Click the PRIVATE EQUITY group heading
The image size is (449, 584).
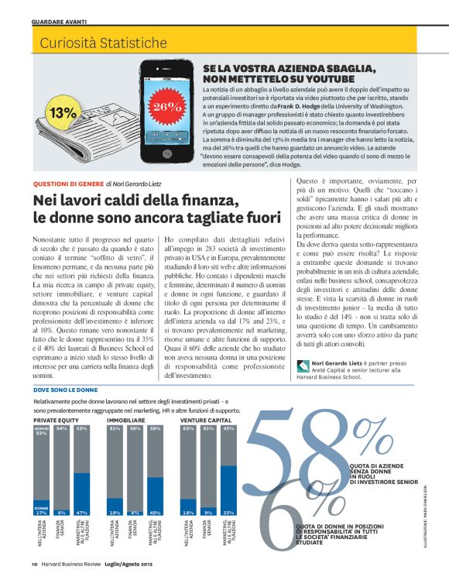point(57,419)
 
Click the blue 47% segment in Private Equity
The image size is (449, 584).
point(82,494)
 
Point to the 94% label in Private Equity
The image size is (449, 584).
point(61,428)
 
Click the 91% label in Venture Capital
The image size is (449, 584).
point(208,428)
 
